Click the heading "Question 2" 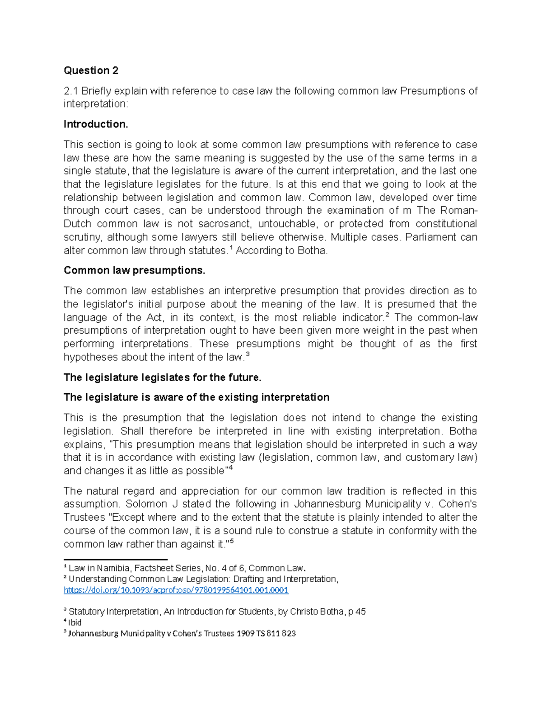point(91,71)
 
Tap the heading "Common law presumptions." point(134,270)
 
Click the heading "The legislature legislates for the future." point(162,377)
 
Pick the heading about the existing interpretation point(196,397)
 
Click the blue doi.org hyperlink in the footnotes point(176,590)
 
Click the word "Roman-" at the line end point(458,211)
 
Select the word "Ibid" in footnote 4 point(75,622)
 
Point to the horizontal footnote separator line point(116,559)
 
